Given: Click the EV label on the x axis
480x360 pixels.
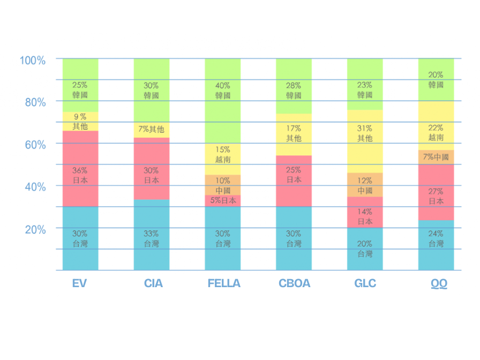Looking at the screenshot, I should [79, 283].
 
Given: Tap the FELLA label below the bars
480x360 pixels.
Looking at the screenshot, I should [224, 283].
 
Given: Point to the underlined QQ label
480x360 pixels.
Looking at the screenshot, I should [439, 283].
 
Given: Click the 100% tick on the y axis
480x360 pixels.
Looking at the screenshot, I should [33, 60].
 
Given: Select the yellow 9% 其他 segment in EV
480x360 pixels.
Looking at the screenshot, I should [80, 122].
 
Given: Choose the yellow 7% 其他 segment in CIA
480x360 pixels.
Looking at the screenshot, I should [152, 130].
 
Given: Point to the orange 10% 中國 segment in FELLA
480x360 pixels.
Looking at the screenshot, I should [223, 185].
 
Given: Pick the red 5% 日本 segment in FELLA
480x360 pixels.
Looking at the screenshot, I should [223, 201].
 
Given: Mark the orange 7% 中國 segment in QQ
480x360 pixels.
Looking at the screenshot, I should [436, 157].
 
